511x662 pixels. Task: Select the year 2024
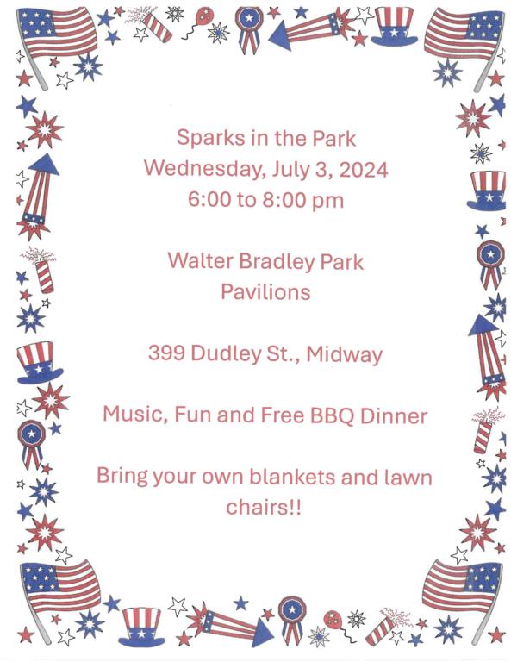[364, 169]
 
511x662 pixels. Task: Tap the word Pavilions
[265, 291]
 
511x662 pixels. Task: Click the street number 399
[166, 353]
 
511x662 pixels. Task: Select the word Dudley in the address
[226, 353]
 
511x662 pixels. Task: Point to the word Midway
[345, 354]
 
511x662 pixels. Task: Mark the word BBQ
[332, 415]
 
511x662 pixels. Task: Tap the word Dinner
[394, 415]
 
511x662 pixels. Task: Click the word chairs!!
[264, 507]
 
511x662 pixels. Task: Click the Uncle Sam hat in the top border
[394, 26]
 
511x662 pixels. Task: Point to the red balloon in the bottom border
[333, 621]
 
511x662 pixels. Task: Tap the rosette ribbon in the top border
[248, 28]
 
